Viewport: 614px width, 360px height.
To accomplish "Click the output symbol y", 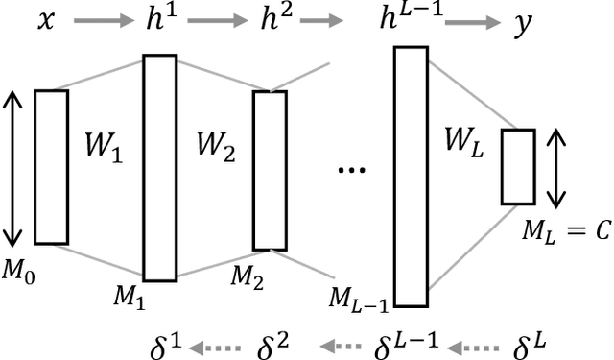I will pos(522,23).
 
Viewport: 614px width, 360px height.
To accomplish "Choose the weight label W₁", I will pos(106,151).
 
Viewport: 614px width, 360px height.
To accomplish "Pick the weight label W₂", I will pos(217,151).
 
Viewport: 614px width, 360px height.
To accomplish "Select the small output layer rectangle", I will pos(517,166).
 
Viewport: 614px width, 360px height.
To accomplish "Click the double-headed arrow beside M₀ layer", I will pos(12,167).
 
